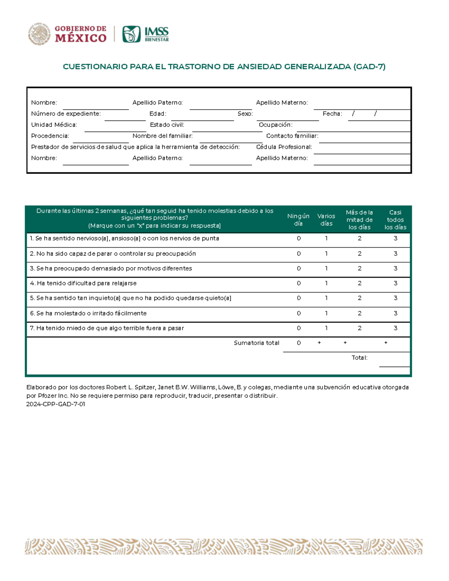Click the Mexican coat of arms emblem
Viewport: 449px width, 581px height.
(39, 34)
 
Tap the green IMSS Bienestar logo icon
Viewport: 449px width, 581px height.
(131, 34)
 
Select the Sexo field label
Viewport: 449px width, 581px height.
(245, 114)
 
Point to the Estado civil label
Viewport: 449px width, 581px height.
(167, 125)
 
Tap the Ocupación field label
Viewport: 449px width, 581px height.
(275, 125)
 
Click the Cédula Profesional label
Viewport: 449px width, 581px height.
(284, 147)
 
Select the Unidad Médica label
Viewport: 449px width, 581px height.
(54, 125)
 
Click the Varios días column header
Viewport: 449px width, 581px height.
(326, 220)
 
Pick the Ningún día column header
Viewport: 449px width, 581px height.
(298, 220)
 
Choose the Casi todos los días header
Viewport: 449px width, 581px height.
(395, 220)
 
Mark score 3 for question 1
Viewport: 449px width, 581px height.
(395, 238)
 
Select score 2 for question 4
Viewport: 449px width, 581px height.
(360, 283)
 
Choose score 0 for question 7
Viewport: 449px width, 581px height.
(299, 328)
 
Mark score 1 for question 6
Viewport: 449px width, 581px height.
(326, 313)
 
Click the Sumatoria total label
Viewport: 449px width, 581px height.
(256, 343)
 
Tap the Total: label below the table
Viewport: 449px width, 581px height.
(359, 358)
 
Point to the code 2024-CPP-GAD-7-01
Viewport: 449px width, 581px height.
(56, 404)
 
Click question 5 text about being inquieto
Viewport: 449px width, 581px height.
(130, 298)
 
